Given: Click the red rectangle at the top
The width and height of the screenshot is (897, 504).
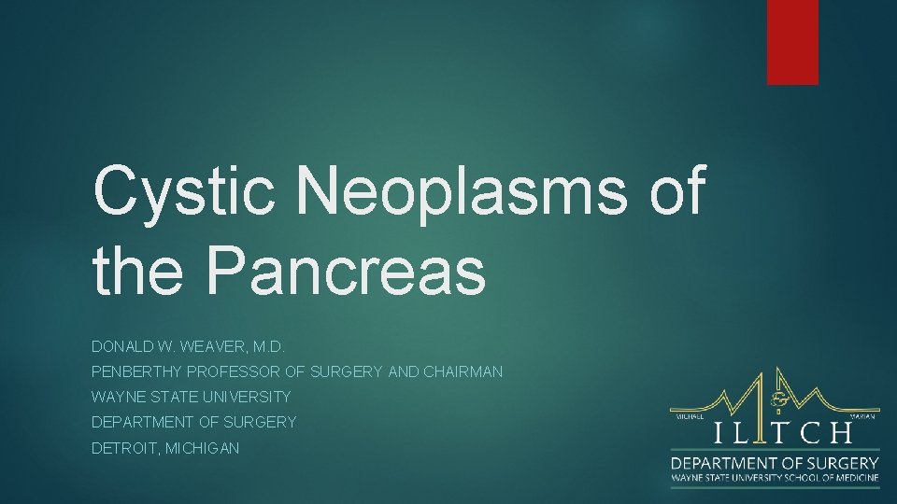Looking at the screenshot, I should (x=792, y=42).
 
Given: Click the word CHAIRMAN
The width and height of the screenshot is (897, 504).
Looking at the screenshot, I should (x=463, y=371).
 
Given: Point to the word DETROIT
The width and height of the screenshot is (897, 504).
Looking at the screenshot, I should (x=125, y=448).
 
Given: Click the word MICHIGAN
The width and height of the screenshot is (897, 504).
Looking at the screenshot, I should (x=202, y=448).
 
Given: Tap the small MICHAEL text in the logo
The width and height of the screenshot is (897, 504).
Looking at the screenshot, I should (x=690, y=417).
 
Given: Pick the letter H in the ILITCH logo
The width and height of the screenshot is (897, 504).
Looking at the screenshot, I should (x=840, y=433).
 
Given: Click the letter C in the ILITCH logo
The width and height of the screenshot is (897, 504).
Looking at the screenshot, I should (x=811, y=433).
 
